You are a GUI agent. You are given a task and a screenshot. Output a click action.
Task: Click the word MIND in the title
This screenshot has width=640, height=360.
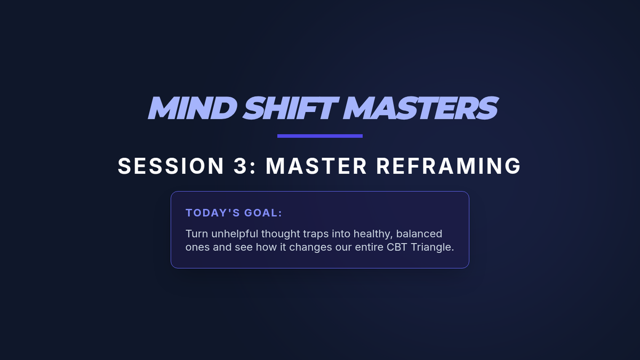[x=193, y=108]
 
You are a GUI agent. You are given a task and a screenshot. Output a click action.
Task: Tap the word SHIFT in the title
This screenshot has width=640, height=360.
[x=291, y=108]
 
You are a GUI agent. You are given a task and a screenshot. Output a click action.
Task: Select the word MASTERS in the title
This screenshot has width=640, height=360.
[x=421, y=108]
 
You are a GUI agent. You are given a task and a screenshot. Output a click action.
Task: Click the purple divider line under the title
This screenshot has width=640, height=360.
[x=320, y=136]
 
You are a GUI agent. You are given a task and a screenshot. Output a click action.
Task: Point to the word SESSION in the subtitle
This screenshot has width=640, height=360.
[x=171, y=166]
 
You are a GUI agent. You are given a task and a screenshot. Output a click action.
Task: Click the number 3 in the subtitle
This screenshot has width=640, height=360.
[x=241, y=166]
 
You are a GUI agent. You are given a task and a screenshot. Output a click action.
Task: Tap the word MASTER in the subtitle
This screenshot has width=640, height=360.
[x=316, y=166]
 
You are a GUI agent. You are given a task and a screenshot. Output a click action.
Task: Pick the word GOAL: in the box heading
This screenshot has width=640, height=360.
[x=263, y=213]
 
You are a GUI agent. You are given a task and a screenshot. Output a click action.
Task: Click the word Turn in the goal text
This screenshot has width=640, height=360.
[x=197, y=234]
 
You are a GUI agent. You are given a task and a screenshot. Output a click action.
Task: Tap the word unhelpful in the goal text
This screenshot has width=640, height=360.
[x=235, y=234]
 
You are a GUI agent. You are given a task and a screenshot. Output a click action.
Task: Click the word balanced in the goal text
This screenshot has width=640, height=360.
[x=419, y=234]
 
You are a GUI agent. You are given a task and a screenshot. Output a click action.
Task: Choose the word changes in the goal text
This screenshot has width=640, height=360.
[x=310, y=247]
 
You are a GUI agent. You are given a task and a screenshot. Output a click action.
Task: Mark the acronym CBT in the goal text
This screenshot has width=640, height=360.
[x=397, y=247]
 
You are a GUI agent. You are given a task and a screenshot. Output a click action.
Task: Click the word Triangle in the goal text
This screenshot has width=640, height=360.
[x=433, y=247]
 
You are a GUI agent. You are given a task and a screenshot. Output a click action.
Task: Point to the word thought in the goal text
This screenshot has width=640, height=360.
[x=281, y=234]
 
